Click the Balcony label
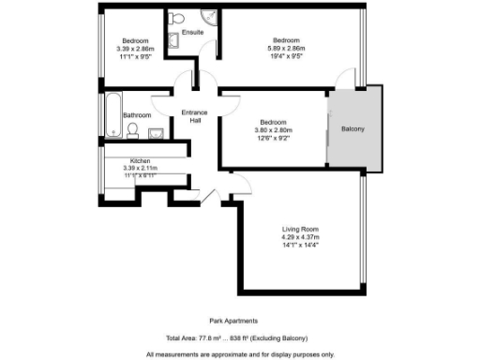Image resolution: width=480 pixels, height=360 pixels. coord(352,128)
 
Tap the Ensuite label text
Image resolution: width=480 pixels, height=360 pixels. coord(192,32)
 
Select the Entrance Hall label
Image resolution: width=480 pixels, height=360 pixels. coord(194,116)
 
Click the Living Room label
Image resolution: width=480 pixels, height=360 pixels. coord(301,230)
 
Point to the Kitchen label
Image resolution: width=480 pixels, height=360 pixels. coord(141,161)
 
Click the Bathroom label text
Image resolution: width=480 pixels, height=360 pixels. coord(137,115)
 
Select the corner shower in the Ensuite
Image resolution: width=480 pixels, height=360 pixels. coord(209,18)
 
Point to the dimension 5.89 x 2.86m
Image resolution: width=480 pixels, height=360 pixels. coord(286,49)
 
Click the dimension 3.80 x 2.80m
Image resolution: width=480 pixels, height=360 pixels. coord(273,130)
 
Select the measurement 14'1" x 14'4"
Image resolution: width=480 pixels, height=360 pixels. coord(301,246)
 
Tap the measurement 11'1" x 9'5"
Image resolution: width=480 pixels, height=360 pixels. coord(134,57)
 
